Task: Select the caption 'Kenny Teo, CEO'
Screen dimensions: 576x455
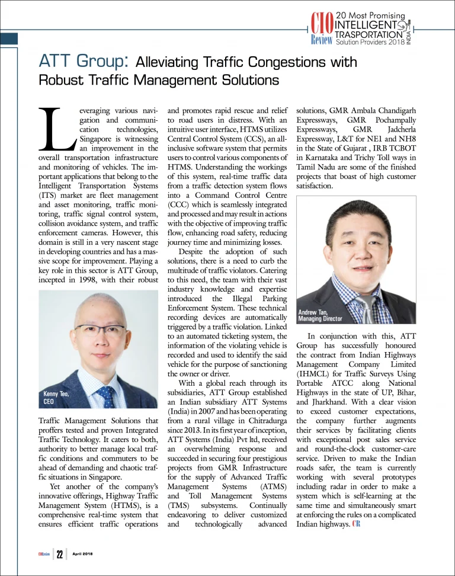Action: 57,398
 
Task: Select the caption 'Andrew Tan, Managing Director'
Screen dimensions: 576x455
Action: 320,315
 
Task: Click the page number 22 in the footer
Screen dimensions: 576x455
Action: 60,555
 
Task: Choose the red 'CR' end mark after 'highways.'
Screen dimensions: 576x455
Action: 356,523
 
